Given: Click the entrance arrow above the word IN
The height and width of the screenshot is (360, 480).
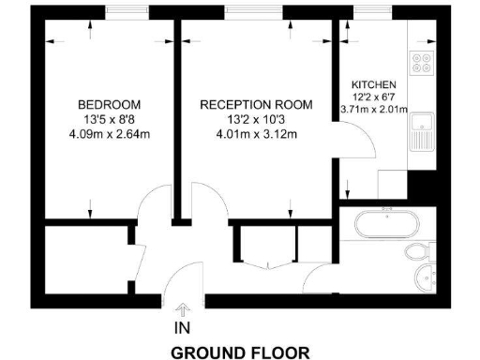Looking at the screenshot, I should click(x=181, y=308).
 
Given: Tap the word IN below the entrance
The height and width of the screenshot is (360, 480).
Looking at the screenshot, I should click(x=181, y=329).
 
